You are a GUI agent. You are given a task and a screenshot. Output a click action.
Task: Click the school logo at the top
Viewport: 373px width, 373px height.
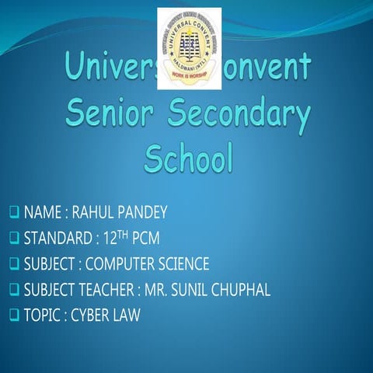click(189, 48)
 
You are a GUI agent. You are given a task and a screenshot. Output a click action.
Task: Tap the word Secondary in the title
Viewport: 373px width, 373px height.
click(239, 116)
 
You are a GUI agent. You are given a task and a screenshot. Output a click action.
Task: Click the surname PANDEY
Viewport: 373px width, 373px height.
click(142, 212)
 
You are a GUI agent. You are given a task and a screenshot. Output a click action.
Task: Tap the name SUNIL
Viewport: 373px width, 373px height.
click(193, 289)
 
